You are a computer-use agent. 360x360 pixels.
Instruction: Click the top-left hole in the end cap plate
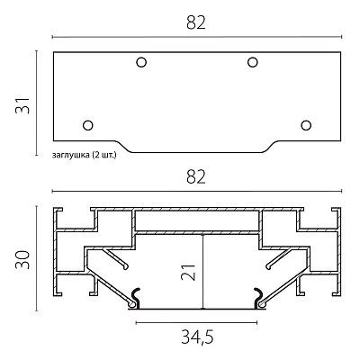pos(141,62)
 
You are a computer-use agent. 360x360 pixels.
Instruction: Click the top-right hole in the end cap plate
pos(253,62)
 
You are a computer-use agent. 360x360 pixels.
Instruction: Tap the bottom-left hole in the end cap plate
pos(88,125)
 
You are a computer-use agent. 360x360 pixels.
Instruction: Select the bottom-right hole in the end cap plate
pos(306,125)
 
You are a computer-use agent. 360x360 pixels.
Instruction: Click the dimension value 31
pos(22,105)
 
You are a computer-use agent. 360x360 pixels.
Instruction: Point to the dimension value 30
pos(22,259)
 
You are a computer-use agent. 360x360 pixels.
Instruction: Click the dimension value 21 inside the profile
pos(188,273)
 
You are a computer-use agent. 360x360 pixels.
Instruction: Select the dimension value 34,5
pos(197,337)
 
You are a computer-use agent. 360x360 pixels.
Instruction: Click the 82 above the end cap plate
pos(196,22)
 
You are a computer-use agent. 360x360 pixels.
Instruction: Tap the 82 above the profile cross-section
pos(196,177)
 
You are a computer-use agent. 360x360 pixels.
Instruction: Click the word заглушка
pos(71,155)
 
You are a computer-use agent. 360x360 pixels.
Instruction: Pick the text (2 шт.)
pos(104,155)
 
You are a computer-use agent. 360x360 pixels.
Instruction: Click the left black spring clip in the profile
pos(136,298)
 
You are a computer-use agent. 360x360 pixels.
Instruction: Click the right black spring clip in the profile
pos(258,298)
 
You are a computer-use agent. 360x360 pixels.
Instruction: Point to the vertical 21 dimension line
pos(203,271)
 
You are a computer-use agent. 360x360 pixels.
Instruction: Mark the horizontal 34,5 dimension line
pos(196,323)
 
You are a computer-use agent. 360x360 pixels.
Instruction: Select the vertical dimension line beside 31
pos(37,103)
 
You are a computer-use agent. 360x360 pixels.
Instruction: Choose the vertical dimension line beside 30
pos(37,258)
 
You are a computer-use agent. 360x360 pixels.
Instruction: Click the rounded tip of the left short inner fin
pos(126,266)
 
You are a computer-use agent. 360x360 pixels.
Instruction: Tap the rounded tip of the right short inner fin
pos(268,265)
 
